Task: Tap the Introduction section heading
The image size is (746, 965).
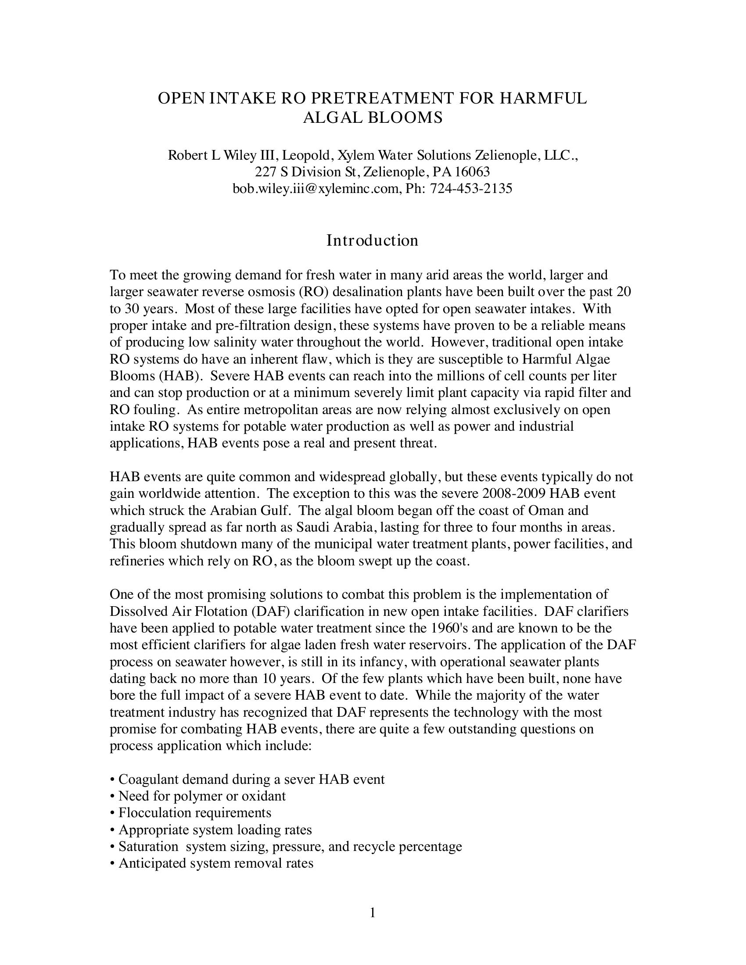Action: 372,240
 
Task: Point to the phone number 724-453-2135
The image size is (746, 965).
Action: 471,189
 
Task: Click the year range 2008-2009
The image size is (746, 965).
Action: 514,493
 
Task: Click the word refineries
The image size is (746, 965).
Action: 140,561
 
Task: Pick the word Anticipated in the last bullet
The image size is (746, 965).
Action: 150,863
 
